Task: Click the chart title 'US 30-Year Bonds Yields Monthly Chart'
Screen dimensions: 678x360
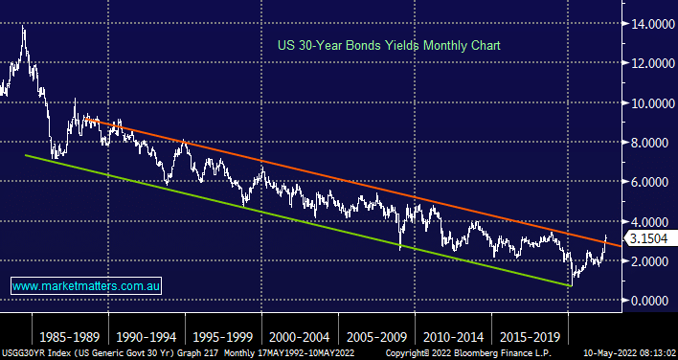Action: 388,45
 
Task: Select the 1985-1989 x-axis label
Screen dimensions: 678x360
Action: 70,337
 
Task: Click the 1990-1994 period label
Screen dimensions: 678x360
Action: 147,337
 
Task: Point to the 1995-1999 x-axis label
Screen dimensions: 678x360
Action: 223,337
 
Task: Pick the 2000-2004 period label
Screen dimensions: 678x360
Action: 300,337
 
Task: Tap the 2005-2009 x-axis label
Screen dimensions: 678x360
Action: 376,337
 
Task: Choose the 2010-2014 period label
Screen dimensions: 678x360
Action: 453,337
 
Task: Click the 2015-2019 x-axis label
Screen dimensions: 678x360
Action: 530,337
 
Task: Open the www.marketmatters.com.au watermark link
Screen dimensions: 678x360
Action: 86,285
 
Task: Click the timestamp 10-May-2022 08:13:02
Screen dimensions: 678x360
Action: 629,353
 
